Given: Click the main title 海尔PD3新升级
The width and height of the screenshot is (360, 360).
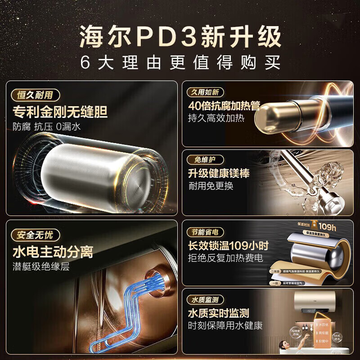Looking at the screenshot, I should click(x=180, y=37).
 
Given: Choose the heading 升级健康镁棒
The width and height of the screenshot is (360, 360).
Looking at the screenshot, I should click(x=219, y=173).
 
